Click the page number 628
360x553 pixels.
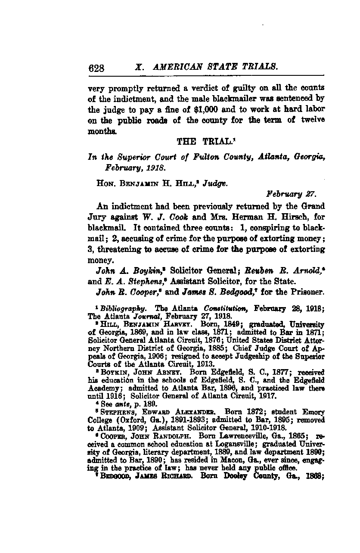point(96,68)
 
